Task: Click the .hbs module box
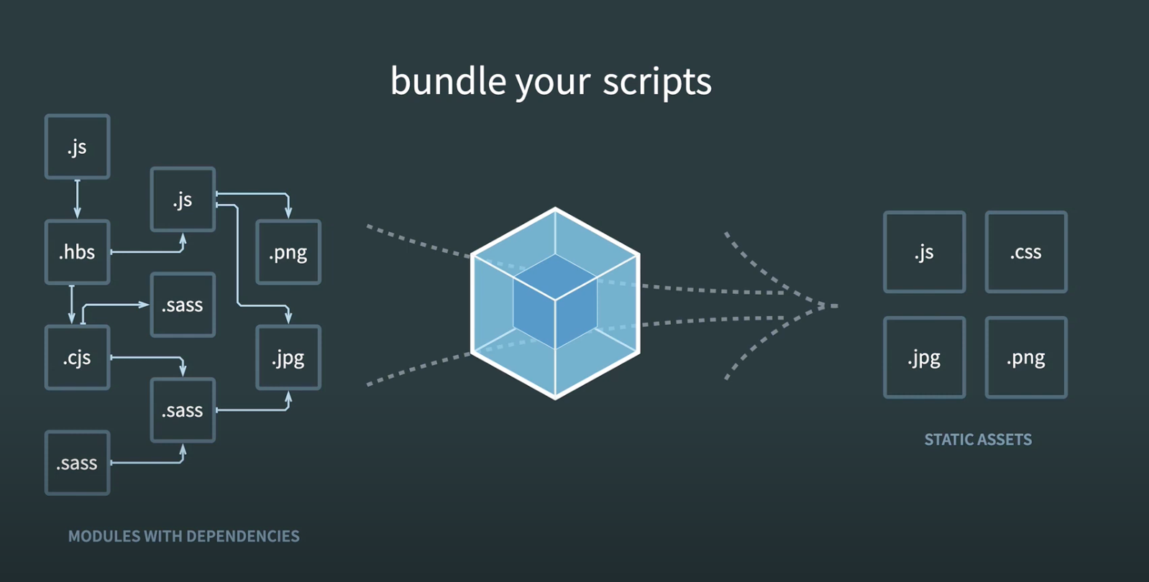click(77, 252)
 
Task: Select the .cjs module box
click(77, 358)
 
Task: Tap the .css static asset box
click(1025, 252)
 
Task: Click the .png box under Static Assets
click(1025, 358)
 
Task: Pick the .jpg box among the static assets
click(924, 358)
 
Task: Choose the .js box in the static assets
click(924, 252)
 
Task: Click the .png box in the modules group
click(288, 252)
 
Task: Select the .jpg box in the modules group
click(288, 358)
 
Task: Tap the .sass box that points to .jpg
click(183, 410)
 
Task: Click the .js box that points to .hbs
click(77, 147)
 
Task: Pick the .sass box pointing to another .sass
click(77, 463)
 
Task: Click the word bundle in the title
click(448, 80)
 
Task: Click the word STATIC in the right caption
click(948, 440)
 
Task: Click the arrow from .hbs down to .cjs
click(71, 305)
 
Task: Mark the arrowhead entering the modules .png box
click(288, 213)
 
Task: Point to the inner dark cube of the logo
click(555, 302)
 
